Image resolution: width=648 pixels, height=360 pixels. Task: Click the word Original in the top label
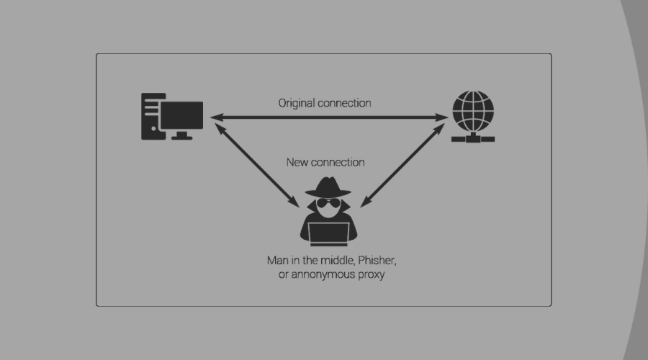coord(295,103)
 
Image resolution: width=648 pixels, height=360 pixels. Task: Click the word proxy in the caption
coord(370,275)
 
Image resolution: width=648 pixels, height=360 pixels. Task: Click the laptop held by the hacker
coord(328,233)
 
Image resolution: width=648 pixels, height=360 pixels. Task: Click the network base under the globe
coord(473,138)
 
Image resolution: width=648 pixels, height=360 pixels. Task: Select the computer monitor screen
coord(181,114)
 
